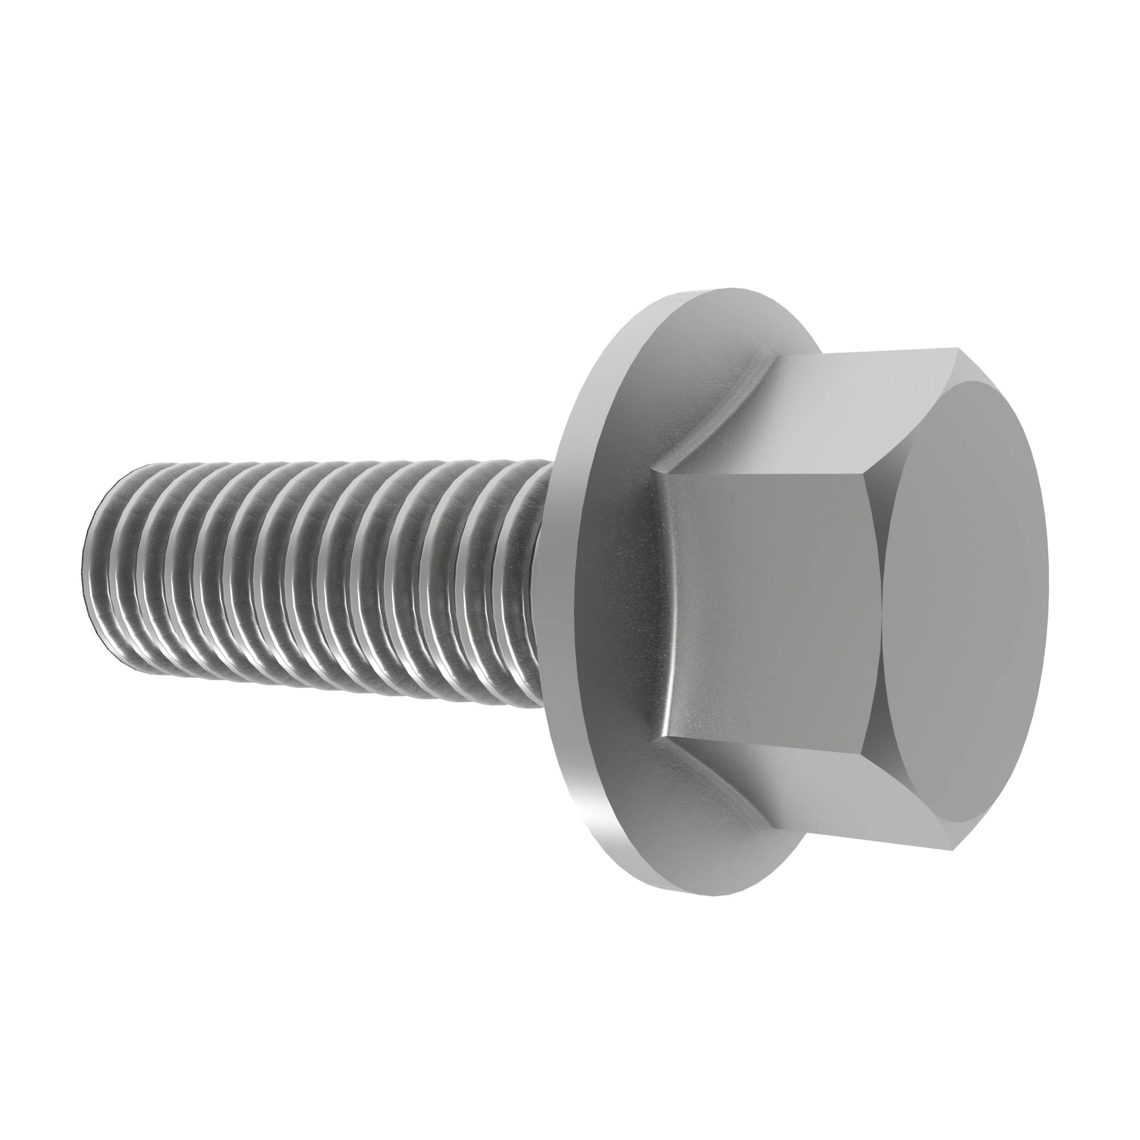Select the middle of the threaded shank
coord(313,578)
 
